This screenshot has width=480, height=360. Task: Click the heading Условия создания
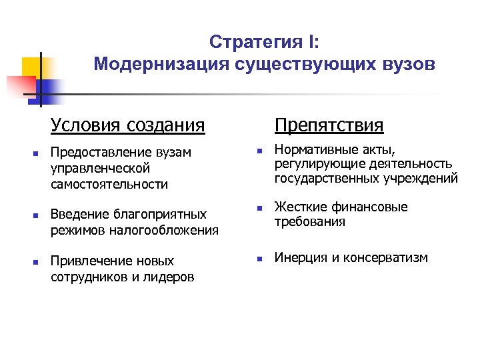coord(127,125)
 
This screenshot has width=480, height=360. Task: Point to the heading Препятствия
coord(329,125)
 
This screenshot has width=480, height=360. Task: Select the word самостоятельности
coord(109,184)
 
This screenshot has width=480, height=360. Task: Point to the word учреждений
coord(421,179)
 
